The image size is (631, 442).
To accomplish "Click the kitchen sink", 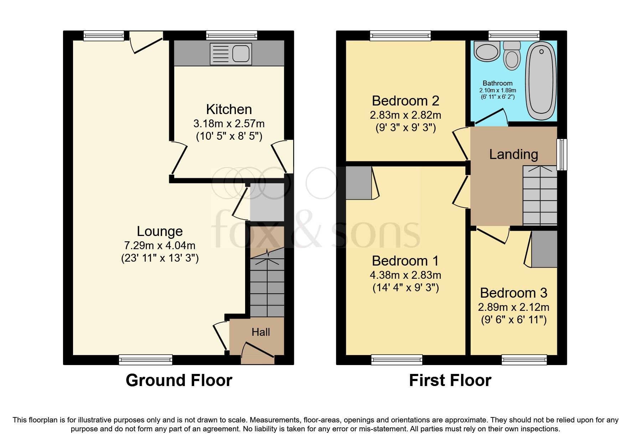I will [x=231, y=54].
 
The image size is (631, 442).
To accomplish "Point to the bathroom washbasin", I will [x=486, y=51].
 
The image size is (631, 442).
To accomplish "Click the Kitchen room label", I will [x=229, y=109].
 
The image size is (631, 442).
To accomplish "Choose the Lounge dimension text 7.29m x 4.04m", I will [x=159, y=245].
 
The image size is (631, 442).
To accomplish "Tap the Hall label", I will [x=260, y=332].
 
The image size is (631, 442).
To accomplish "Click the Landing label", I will [x=513, y=154].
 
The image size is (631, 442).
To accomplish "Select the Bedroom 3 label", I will [x=513, y=293].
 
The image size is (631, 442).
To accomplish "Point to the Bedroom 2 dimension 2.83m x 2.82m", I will [x=405, y=115].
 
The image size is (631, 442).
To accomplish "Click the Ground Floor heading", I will [x=179, y=380].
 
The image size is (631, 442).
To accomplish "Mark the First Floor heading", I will [x=450, y=380].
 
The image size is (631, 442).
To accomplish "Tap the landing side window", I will [x=562, y=154].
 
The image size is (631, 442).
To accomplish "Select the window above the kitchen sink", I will [x=231, y=35].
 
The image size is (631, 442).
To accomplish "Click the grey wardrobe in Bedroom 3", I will [x=544, y=249].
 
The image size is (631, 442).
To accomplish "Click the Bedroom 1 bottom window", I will [x=397, y=360].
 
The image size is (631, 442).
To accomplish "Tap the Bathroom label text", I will [x=497, y=83].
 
